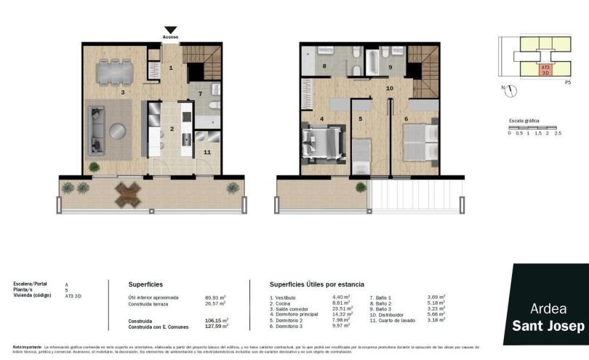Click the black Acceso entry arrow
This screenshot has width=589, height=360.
pyautogui.click(x=170, y=30)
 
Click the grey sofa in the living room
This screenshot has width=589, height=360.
pyautogui.click(x=96, y=130)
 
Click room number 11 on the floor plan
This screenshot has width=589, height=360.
pyautogui.click(x=207, y=152)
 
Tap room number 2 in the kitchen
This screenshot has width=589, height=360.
pyautogui.click(x=171, y=129)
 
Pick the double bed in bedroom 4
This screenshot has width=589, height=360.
pyautogui.click(x=319, y=140)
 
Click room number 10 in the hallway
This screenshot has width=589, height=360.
pyautogui.click(x=389, y=88)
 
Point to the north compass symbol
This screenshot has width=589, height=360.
pyautogui.click(x=512, y=90)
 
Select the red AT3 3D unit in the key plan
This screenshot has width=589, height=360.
pyautogui.click(x=545, y=71)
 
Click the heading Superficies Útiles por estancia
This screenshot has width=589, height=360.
pyautogui.click(x=317, y=284)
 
